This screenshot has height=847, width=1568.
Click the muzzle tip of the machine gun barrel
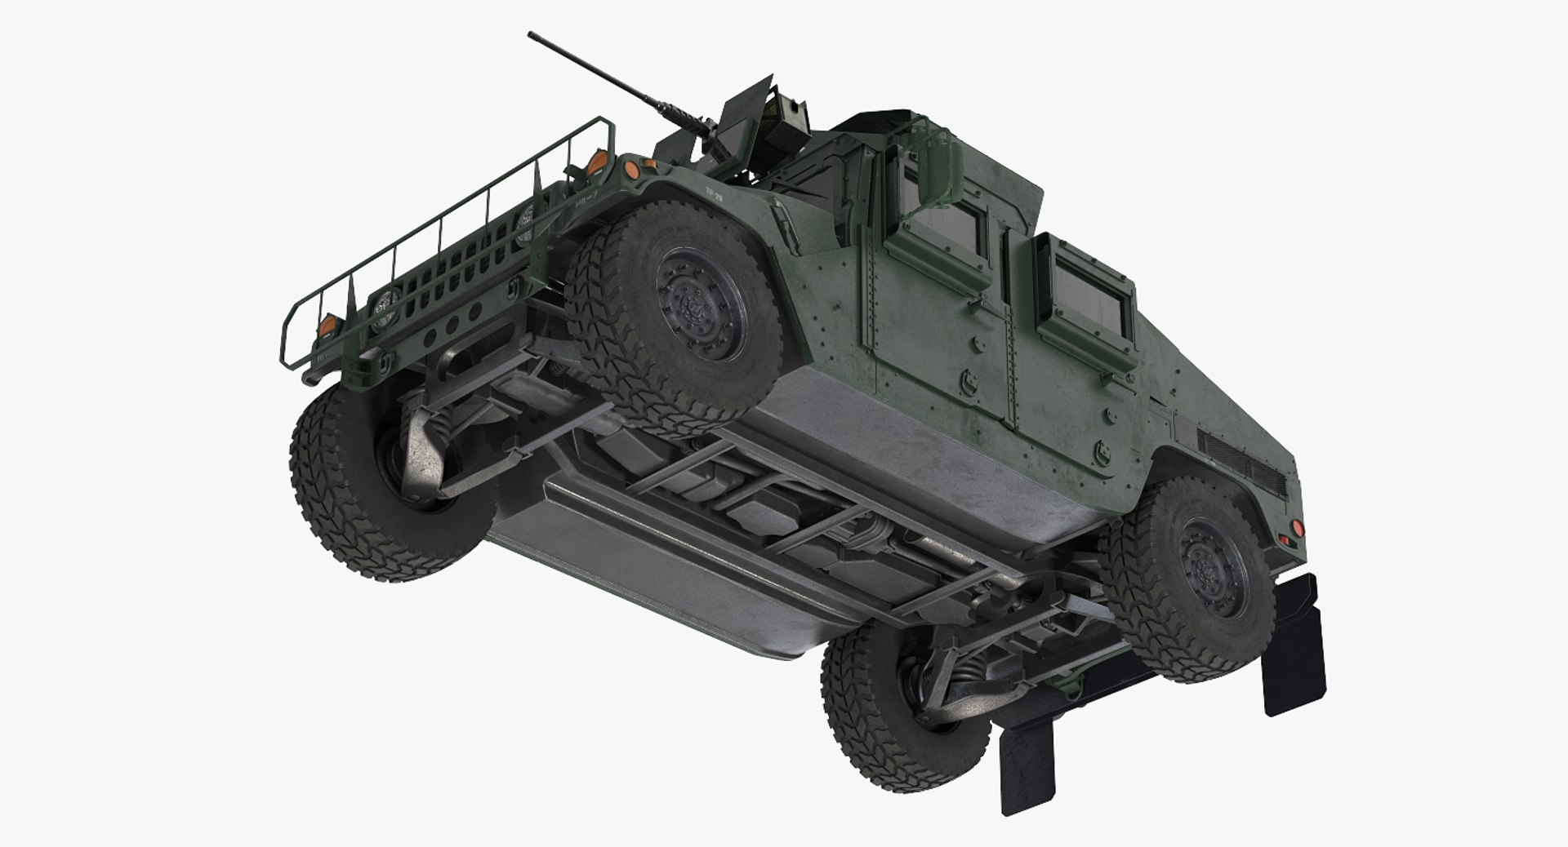point(532,35)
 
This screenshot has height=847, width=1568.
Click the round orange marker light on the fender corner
point(630,171)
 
